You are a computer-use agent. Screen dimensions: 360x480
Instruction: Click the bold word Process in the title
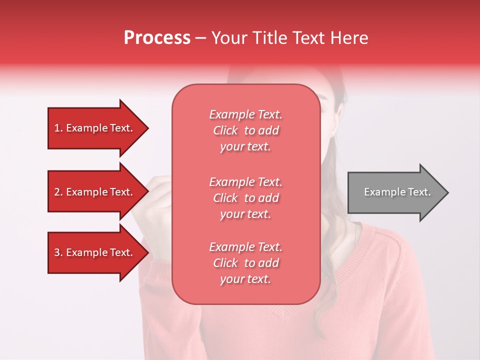coord(157,38)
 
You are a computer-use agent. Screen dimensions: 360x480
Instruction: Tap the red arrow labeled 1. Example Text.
coord(95,128)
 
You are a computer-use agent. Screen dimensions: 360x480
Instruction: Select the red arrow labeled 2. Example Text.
coord(95,192)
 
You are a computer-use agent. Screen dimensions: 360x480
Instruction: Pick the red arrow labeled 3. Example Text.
coord(95,252)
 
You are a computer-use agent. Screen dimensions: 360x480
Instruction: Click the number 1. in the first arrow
coord(58,128)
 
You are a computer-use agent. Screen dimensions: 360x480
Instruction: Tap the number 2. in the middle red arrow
coord(58,192)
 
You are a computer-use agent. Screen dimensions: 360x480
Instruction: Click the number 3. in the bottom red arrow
coord(58,252)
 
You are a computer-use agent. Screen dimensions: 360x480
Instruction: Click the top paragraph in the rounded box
coord(245,130)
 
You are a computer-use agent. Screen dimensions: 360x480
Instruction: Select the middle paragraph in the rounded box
coord(245,198)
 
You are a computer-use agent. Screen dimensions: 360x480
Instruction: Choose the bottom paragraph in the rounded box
coord(245,263)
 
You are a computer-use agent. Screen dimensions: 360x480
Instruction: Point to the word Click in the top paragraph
coord(225,130)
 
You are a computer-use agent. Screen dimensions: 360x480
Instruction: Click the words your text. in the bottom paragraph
coord(245,279)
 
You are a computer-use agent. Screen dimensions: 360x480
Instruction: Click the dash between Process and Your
coord(201,38)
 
